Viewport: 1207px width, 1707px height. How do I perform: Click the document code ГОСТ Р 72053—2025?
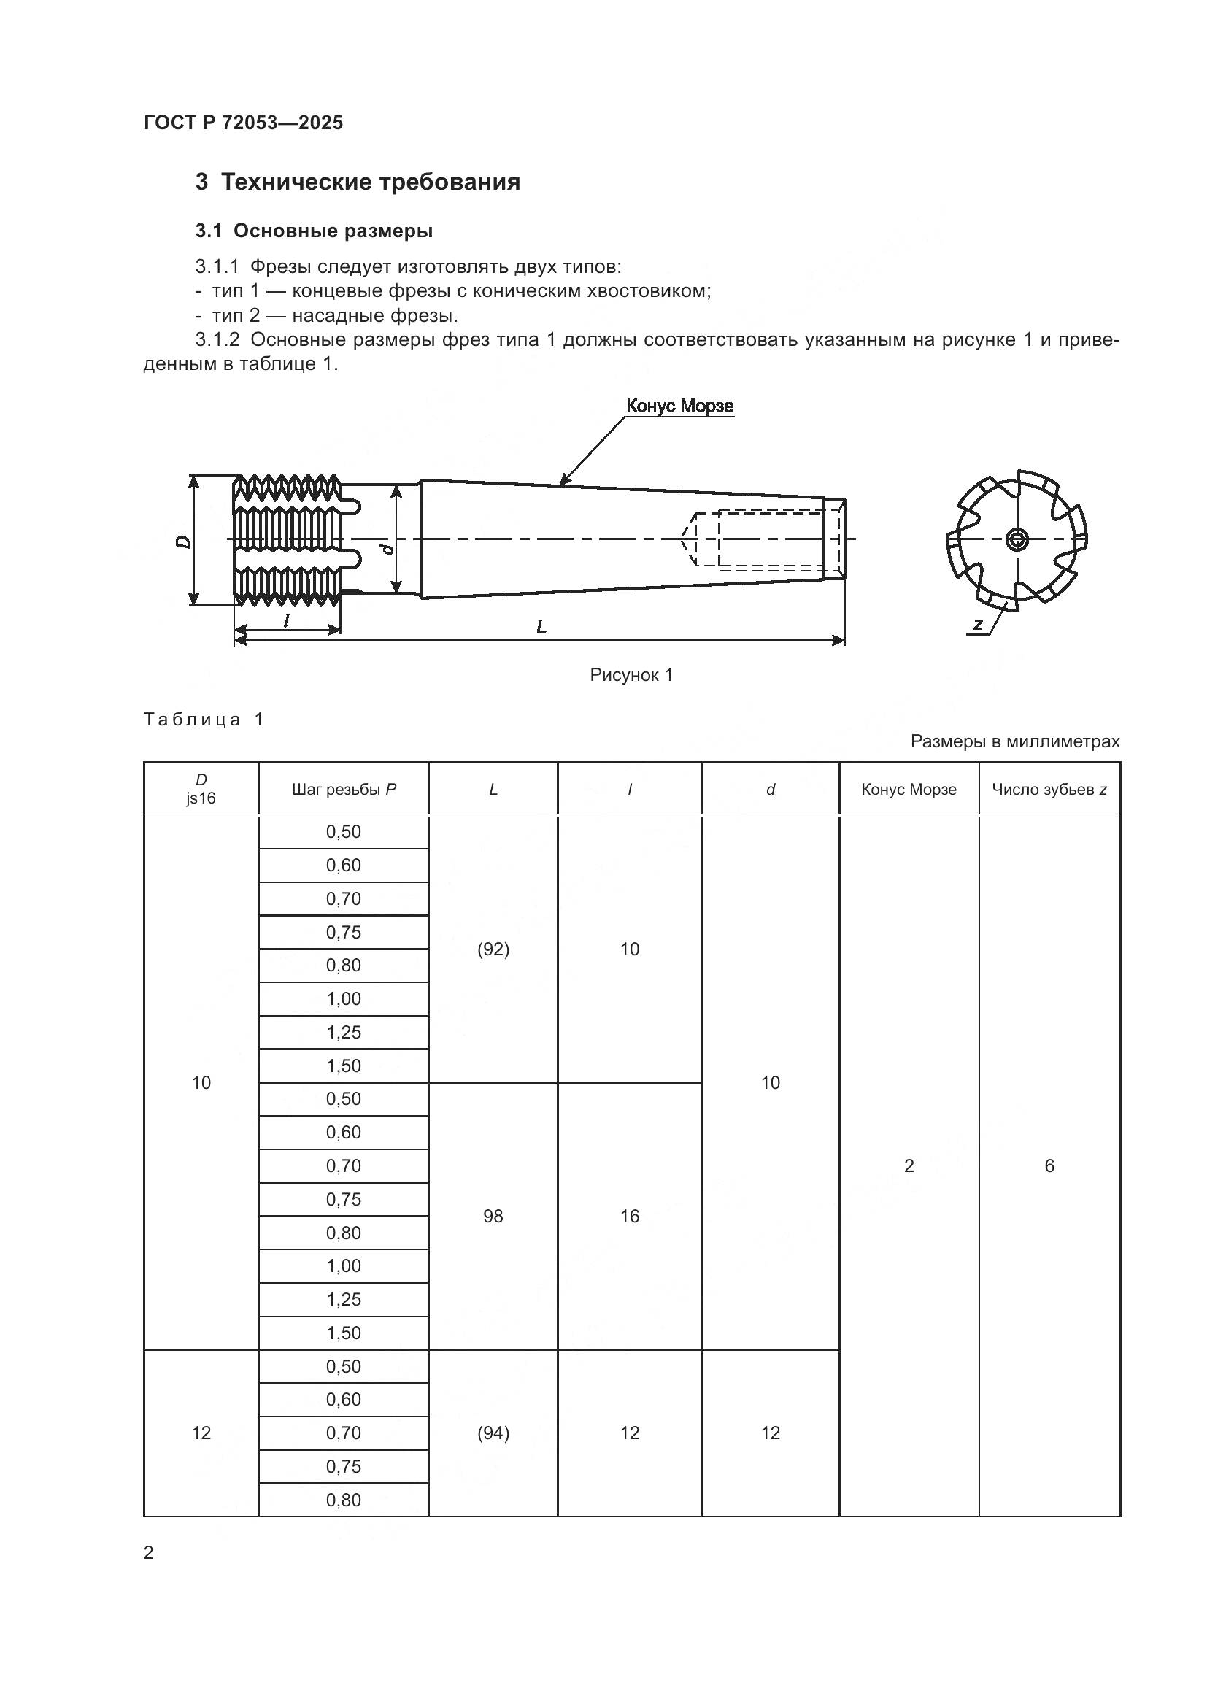pyautogui.click(x=243, y=123)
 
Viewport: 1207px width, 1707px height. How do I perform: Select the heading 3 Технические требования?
pyautogui.click(x=358, y=182)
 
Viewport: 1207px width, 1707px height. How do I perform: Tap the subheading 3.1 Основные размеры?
pyautogui.click(x=314, y=231)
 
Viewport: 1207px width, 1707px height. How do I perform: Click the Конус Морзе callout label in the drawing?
pyautogui.click(x=679, y=406)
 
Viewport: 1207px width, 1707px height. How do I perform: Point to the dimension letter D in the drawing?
pyautogui.click(x=182, y=542)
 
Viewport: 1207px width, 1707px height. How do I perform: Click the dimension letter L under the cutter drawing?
pyautogui.click(x=541, y=628)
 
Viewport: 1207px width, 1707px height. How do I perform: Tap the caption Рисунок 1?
pyautogui.click(x=631, y=675)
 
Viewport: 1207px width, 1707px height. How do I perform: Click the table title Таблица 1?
pyautogui.click(x=204, y=720)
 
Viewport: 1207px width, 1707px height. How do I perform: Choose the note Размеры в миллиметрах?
pyautogui.click(x=1014, y=741)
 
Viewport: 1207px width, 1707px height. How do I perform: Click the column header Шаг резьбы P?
pyautogui.click(x=344, y=790)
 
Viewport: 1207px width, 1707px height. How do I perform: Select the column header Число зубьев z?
pyautogui.click(x=1049, y=790)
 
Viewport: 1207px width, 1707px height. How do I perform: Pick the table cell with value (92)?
pyautogui.click(x=493, y=949)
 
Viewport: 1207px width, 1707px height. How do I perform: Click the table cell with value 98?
pyautogui.click(x=493, y=1217)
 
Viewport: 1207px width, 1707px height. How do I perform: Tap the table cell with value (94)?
pyautogui.click(x=493, y=1433)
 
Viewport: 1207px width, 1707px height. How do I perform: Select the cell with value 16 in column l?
pyautogui.click(x=630, y=1217)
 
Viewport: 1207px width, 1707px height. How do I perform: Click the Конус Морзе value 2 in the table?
pyautogui.click(x=909, y=1166)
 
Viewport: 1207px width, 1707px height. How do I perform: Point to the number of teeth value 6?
pyautogui.click(x=1049, y=1166)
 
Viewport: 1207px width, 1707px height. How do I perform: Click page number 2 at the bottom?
pyautogui.click(x=149, y=1552)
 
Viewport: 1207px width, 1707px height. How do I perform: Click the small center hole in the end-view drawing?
pyautogui.click(x=1016, y=539)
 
